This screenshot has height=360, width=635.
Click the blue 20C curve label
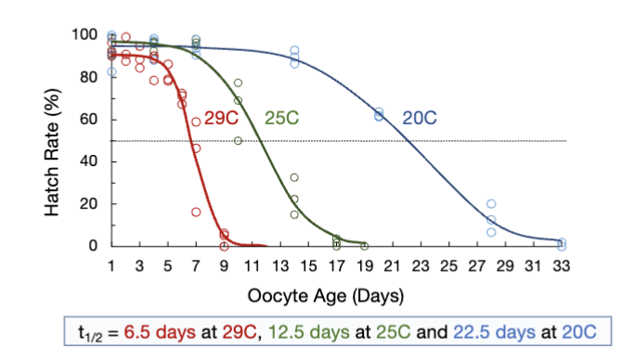(x=419, y=118)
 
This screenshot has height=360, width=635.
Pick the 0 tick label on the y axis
(x=94, y=246)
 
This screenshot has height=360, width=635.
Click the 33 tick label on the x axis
(x=562, y=265)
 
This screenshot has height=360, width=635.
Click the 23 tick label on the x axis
(x=421, y=265)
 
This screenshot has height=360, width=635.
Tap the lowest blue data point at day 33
(x=562, y=246)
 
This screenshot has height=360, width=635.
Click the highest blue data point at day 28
(x=491, y=203)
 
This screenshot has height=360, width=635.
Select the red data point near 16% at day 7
(x=196, y=212)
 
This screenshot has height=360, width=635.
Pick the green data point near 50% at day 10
(x=239, y=140)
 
